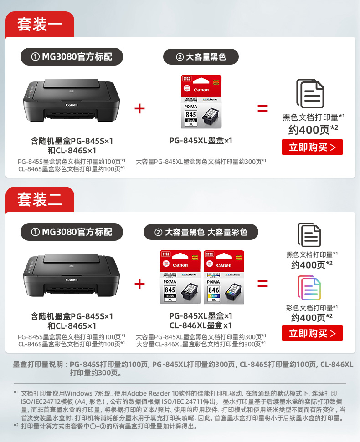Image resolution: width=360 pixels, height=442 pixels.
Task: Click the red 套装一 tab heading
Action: pos(40,24)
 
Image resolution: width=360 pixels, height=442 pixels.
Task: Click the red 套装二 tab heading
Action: pos(40,199)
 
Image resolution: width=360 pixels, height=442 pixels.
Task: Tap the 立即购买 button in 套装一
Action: pos(312,147)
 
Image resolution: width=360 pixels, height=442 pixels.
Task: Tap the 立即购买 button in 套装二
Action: pos(312,333)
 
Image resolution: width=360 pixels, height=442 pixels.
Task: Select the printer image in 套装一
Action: pos(72,100)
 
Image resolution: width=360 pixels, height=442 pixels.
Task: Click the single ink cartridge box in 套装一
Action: pos(201,102)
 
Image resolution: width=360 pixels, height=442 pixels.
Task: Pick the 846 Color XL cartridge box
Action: pos(224,277)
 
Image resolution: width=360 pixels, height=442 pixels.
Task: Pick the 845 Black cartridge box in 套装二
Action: pos(180,277)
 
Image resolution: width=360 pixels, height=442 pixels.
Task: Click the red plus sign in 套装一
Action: pos(139,108)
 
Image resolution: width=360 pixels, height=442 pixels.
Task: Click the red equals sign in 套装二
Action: pos(262,284)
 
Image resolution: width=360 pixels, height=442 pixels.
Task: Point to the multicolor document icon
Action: pos(309,288)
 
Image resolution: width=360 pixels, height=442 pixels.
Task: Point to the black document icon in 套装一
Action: pos(310,94)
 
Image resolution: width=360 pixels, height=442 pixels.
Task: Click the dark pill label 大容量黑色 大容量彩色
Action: pos(201,232)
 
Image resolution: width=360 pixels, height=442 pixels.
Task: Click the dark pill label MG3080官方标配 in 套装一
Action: pos(72,56)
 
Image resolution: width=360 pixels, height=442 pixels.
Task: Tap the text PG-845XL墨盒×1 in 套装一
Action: pos(201,140)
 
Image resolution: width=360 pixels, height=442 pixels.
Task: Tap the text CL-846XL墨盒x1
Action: pos(201,325)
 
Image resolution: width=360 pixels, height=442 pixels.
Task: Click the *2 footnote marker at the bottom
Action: pos(16,425)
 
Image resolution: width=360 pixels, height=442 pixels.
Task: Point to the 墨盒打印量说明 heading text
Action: pos(38,365)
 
